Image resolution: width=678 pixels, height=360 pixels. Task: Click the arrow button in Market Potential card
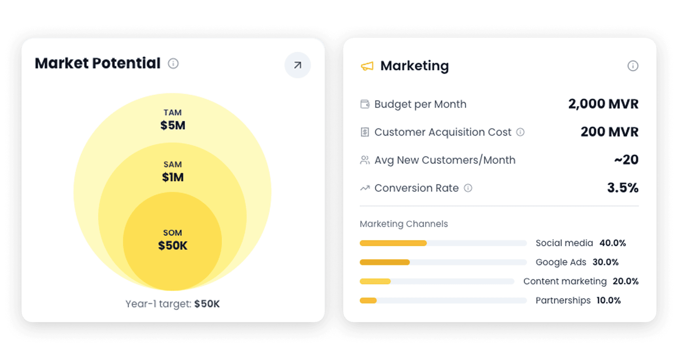tap(297, 65)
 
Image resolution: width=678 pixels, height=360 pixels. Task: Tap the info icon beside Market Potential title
tap(173, 63)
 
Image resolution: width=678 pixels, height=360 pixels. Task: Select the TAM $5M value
tap(173, 125)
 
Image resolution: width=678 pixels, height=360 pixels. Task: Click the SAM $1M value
tap(173, 177)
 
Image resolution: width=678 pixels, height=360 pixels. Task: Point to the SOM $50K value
tap(173, 245)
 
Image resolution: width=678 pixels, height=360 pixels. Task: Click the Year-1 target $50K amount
tap(207, 304)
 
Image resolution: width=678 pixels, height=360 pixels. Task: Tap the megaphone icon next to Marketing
tap(367, 66)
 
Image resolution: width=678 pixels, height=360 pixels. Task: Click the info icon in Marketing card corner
tap(633, 66)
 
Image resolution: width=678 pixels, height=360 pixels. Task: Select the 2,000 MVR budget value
tap(603, 104)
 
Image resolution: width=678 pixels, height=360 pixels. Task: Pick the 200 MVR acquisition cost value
tap(609, 132)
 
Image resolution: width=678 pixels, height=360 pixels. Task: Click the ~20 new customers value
tap(626, 160)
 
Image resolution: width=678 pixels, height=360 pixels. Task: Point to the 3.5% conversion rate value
tap(622, 188)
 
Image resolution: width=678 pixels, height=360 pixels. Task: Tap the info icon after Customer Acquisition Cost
tap(520, 132)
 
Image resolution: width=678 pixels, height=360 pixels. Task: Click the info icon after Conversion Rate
tap(468, 188)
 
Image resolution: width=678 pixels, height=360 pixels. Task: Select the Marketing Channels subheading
tap(404, 224)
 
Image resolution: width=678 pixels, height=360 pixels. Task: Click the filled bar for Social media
tap(393, 243)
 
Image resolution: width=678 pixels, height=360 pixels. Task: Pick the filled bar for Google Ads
tap(384, 262)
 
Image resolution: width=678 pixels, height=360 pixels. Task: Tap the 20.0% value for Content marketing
tap(625, 281)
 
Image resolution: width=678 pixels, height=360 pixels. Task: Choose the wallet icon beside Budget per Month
tap(365, 104)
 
